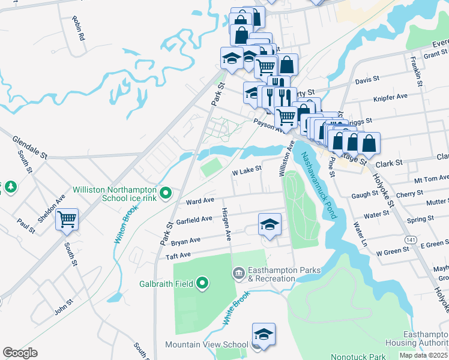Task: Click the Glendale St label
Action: point(29,147)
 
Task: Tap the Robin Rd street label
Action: point(78,28)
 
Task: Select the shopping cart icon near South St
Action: point(67,219)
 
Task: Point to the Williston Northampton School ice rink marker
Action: point(168,194)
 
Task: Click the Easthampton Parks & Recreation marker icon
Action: point(238,274)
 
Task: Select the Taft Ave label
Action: point(178,255)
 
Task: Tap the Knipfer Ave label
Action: point(390,95)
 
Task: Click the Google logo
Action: point(20,353)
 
